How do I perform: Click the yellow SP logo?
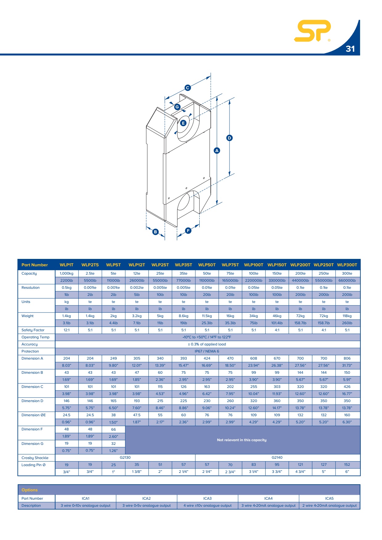312,31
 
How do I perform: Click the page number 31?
350,49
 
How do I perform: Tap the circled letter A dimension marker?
217,151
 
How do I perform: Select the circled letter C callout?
188,88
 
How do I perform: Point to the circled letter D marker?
229,138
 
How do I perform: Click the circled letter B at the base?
156,232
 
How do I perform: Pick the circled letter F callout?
188,231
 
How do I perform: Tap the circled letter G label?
177,107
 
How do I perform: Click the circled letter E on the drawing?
183,123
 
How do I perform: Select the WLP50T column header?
207,265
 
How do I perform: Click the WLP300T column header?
347,265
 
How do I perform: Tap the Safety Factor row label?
33,330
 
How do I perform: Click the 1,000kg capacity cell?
67,273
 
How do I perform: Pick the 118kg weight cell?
347,316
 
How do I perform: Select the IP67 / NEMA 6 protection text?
207,351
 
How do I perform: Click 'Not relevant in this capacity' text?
242,440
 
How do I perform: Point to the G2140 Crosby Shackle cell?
277,457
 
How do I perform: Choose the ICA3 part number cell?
208,498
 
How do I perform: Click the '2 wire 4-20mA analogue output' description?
330,506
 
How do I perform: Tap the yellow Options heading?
30,490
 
